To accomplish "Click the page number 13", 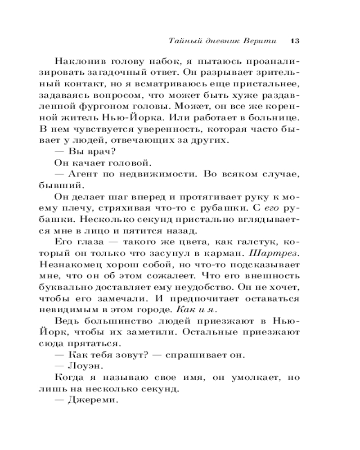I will (295, 40).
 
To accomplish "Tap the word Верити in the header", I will (263, 40).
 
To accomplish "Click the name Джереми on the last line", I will (92, 399).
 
